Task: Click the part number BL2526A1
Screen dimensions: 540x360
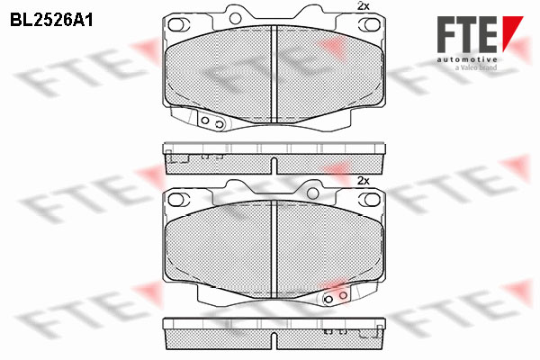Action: tap(51, 21)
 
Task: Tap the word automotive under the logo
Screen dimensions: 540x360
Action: tap(467, 59)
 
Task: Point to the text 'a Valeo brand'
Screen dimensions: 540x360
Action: tap(476, 67)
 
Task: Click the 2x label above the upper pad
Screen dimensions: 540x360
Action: tap(364, 6)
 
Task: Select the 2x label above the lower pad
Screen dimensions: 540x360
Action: tap(364, 181)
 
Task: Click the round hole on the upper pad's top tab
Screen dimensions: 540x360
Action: tap(235, 19)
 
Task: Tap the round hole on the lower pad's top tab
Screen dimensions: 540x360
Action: tap(312, 193)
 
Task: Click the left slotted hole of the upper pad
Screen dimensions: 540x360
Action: tap(179, 24)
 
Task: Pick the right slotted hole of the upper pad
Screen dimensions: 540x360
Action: tap(370, 24)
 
